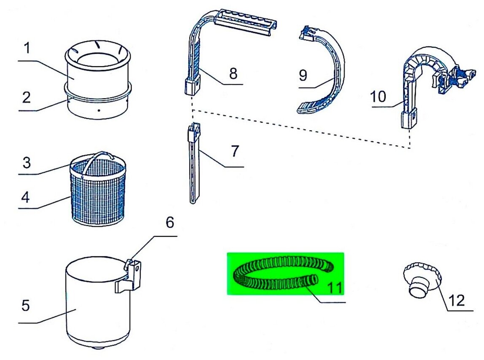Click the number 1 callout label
click(27, 48)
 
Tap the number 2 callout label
click(26, 98)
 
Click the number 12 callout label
click(457, 300)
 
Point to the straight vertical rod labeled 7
click(193, 169)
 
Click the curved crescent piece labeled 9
click(333, 76)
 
